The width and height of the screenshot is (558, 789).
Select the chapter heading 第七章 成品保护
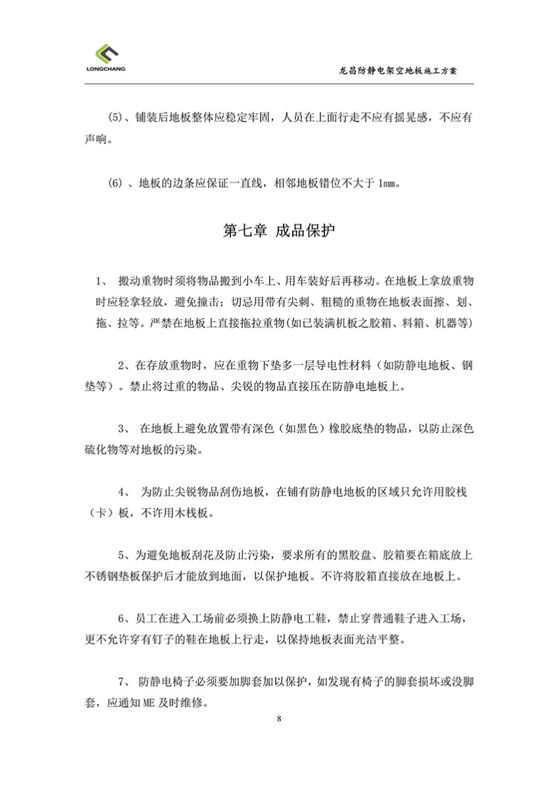[x=279, y=231]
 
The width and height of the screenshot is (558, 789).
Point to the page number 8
[x=280, y=718]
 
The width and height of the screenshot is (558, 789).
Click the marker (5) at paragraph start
[x=116, y=118]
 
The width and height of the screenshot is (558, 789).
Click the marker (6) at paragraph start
[x=116, y=183]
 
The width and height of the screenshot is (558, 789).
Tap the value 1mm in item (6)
[x=388, y=183]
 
